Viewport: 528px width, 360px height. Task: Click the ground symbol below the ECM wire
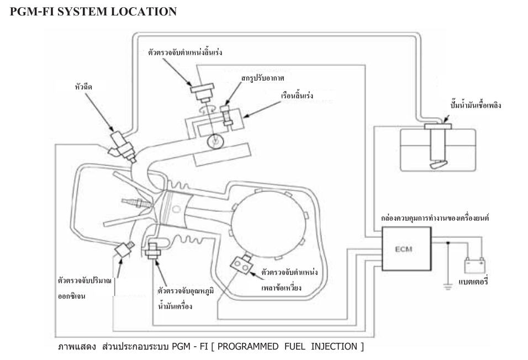[x=448, y=285]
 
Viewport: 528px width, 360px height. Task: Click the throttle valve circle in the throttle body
[x=213, y=141]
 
